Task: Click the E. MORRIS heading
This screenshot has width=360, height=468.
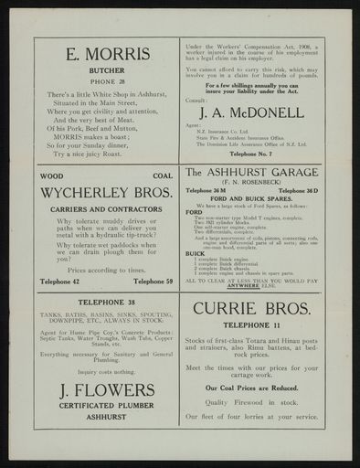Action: coord(107,54)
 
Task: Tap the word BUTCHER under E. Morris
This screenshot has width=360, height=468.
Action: coord(107,69)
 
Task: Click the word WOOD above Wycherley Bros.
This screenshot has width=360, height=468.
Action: coord(52,175)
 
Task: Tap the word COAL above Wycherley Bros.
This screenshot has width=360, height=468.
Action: coord(163,175)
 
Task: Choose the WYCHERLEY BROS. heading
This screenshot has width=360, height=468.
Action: coord(107,193)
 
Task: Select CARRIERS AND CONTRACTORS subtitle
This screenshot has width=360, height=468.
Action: coord(107,209)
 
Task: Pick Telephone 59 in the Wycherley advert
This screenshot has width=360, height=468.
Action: coord(154,282)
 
